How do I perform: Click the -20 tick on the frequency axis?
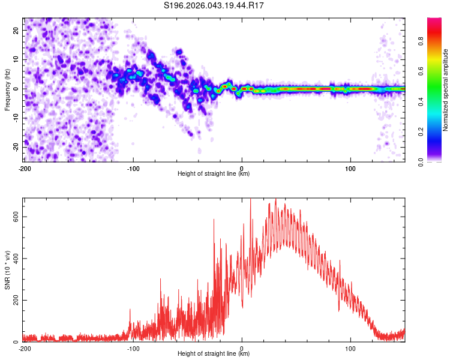[16, 147]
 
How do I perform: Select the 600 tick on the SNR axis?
[14, 217]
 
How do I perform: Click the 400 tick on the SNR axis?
[14, 259]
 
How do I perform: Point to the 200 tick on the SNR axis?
[14, 300]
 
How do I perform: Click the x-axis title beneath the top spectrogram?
[214, 174]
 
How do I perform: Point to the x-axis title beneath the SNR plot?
[214, 354]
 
